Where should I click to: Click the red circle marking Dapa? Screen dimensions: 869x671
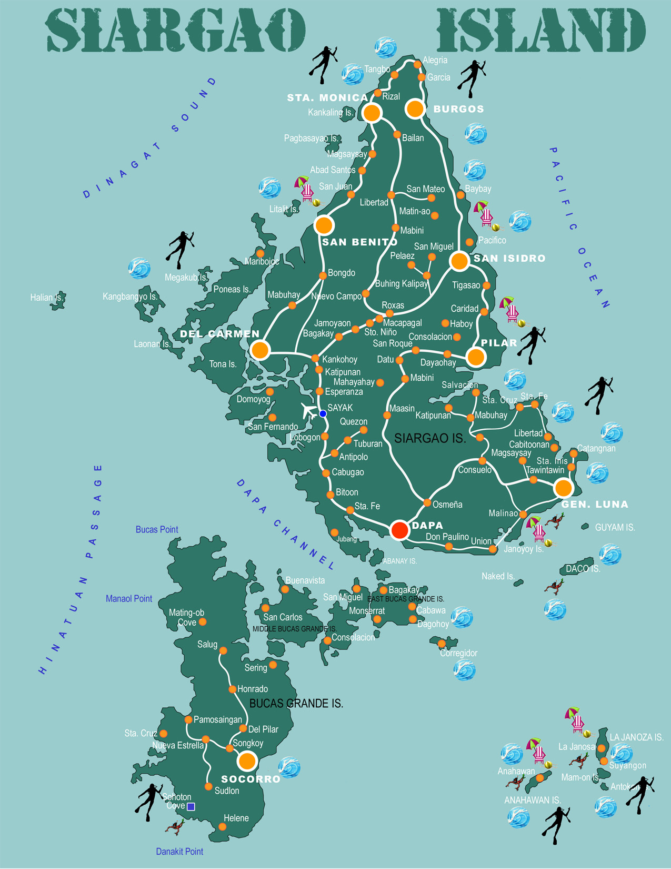[400, 530]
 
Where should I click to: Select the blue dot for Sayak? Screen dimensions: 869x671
[323, 414]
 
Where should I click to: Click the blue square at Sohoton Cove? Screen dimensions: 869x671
[192, 806]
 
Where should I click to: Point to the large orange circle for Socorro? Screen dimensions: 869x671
[246, 761]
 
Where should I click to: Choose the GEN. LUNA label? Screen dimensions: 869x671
[595, 505]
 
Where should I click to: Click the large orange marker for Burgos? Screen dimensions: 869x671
[415, 109]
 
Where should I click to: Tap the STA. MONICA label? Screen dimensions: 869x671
[327, 98]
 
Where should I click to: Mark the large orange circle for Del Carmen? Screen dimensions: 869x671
[260, 350]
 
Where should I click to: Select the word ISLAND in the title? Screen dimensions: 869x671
[541, 31]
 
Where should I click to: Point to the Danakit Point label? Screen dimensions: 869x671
[179, 852]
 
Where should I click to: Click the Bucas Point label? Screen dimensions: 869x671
[157, 529]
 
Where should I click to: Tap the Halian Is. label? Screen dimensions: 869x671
[46, 298]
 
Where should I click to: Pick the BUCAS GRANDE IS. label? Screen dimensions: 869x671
[296, 704]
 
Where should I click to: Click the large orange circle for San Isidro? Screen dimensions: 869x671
[459, 261]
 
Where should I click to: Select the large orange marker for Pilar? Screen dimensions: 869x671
[476, 357]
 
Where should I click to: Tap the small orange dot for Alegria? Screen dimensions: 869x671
[417, 64]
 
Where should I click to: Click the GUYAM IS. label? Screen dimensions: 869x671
[615, 527]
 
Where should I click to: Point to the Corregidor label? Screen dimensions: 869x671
[459, 653]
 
